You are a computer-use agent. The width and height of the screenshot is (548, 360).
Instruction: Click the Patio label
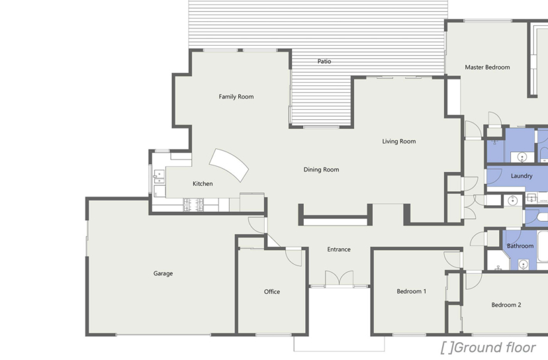[x=324, y=62]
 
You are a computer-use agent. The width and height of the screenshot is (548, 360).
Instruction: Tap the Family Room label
[x=236, y=97]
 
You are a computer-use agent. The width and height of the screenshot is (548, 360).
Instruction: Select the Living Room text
[x=399, y=142]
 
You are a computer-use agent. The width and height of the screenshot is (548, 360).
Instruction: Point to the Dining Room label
[x=321, y=170]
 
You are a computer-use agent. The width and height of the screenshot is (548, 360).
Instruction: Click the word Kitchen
[x=203, y=184]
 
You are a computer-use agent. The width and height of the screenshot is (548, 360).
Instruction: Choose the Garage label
[x=163, y=274]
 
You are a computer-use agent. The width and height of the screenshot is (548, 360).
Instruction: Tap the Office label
[x=272, y=292]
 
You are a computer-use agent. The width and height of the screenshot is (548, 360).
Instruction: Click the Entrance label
[x=339, y=249]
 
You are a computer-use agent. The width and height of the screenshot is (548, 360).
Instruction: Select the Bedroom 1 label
[x=412, y=291]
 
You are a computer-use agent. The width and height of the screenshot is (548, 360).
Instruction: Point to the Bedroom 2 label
[x=506, y=305]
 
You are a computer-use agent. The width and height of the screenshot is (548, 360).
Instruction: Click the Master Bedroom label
[x=487, y=67]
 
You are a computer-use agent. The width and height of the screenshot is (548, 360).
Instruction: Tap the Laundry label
[x=522, y=176]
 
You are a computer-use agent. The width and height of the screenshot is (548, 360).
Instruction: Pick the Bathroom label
[x=520, y=246]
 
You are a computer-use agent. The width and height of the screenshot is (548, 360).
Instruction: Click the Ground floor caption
[x=488, y=348]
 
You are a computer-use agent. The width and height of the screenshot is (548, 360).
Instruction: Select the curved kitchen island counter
[x=229, y=165]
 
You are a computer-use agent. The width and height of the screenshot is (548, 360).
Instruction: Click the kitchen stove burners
[x=193, y=205]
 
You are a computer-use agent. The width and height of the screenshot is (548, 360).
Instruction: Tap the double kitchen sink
[x=159, y=177]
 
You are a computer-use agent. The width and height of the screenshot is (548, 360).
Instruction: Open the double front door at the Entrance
[x=339, y=279]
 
